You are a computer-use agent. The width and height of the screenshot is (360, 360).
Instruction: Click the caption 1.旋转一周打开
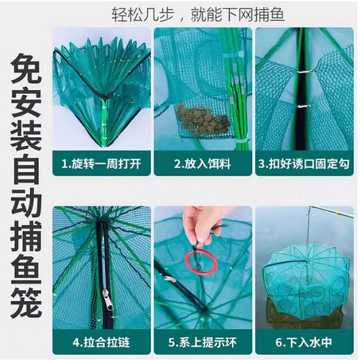coord(101,167)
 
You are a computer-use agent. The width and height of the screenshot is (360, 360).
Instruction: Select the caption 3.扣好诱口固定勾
coord(305,167)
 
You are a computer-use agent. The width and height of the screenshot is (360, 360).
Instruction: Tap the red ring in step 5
coord(201,262)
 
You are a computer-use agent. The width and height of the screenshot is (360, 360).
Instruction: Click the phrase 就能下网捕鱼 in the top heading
coord(242,14)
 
